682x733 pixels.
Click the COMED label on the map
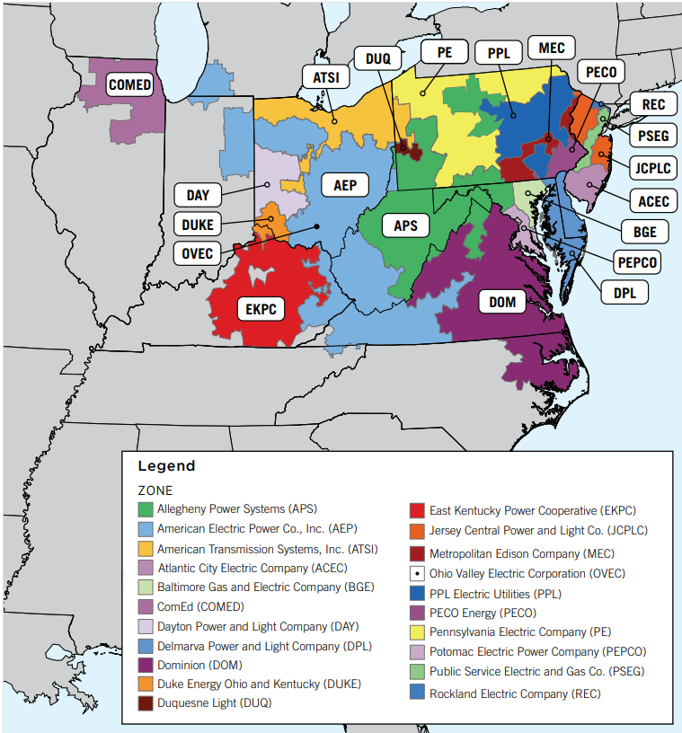pos(129,85)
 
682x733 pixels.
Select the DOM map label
pos(502,301)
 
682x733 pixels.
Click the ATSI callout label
pos(326,77)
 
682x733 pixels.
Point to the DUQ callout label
pos(378,58)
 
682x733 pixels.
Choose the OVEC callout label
pos(197,253)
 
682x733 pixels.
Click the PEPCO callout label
pos(637,262)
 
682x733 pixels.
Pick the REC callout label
pos(653,104)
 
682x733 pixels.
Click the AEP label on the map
pos(345,186)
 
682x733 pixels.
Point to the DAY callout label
pos(198,194)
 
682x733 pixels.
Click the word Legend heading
pos(166,466)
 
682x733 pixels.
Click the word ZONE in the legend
pos(155,490)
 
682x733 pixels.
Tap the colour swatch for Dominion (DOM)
pos(145,665)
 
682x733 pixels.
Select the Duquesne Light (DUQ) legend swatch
pos(145,703)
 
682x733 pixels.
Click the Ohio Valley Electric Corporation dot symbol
pos(416,573)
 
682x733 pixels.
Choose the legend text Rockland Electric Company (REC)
pos(515,693)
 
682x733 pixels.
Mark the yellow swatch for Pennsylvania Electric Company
pos(416,632)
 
